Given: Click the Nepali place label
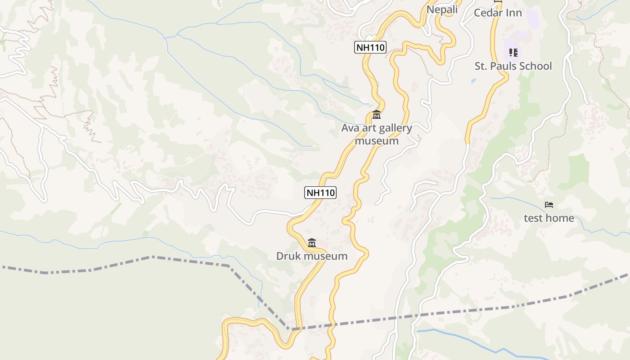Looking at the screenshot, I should [442, 9].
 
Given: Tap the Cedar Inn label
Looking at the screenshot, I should [498, 13].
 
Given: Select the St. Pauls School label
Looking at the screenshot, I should [513, 66].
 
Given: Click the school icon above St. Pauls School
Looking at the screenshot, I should [513, 53].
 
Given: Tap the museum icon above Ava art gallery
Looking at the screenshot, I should [377, 115].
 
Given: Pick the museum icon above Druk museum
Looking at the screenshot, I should [311, 243].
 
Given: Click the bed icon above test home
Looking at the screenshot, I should [549, 205].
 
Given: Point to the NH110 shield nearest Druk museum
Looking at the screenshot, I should [320, 193].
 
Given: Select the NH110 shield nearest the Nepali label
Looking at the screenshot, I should [370, 47].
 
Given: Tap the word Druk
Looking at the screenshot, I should [288, 256].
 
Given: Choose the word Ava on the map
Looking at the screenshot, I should [349, 128].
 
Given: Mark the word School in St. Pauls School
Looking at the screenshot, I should [535, 66].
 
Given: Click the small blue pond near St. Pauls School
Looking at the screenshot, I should [473, 81].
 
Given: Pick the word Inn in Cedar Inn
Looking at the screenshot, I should [514, 13].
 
